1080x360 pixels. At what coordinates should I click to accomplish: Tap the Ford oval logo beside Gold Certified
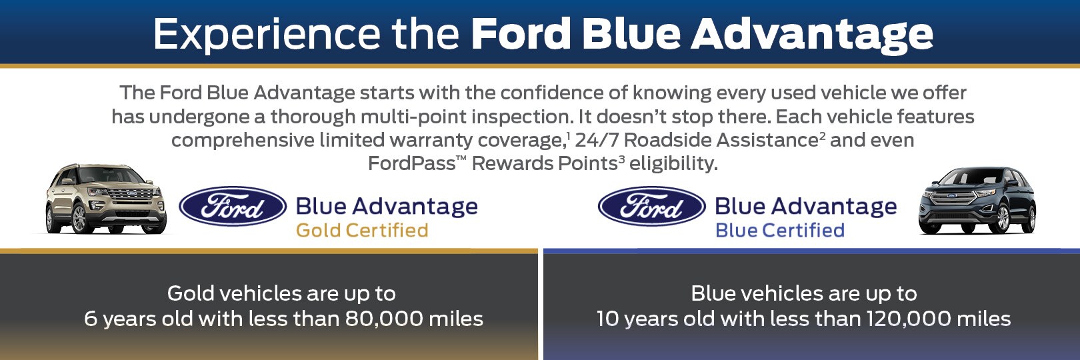point(233,206)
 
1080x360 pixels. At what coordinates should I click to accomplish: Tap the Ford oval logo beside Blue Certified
point(652,206)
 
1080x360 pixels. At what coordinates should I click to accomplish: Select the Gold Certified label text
point(362,231)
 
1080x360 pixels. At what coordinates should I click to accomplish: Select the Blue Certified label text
point(779,231)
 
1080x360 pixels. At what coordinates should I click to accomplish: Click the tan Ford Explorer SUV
point(106,199)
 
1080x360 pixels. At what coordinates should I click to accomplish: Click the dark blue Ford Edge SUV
point(977,201)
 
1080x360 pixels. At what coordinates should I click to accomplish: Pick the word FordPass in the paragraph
point(411,163)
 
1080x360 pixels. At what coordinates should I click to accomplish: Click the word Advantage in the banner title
point(813,35)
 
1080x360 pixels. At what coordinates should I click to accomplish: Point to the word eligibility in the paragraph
point(673,164)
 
